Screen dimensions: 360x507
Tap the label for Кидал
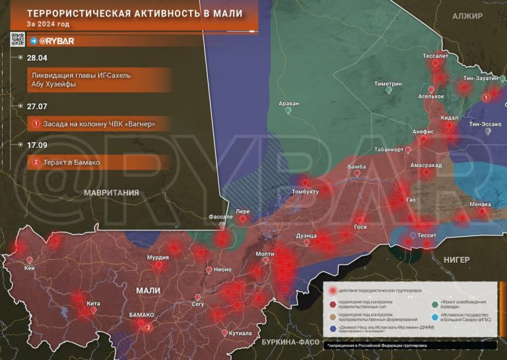pos(449,117)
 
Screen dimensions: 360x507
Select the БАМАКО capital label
pos(141,316)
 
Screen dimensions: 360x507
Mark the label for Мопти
pos(265,254)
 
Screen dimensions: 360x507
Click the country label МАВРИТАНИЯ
pos(111,193)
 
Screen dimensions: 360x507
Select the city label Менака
pos(480,204)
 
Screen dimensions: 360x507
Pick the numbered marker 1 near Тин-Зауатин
pos(487,96)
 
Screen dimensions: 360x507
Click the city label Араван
pos(288,104)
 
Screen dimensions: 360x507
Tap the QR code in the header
pos(18,41)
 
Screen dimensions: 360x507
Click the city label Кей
pos(30,268)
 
